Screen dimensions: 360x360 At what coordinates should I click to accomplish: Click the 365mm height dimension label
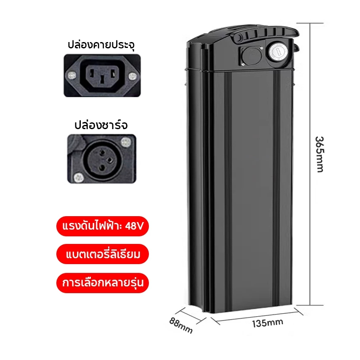(320, 154)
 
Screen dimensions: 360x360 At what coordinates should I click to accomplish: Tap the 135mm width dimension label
(267, 323)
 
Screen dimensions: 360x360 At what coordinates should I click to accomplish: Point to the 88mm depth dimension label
(181, 325)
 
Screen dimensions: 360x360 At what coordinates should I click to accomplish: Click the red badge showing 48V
(103, 226)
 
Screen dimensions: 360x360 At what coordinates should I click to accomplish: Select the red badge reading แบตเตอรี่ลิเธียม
(103, 254)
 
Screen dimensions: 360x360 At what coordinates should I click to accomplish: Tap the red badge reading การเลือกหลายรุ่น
(103, 283)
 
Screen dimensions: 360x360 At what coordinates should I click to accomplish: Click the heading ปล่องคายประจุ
(101, 45)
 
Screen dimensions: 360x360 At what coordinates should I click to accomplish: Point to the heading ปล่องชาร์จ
(101, 125)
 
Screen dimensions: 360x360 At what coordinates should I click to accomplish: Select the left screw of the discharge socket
(72, 75)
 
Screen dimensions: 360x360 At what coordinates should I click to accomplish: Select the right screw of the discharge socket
(132, 76)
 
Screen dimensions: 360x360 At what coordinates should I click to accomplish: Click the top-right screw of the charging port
(126, 142)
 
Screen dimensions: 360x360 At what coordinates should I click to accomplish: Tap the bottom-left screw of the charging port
(79, 177)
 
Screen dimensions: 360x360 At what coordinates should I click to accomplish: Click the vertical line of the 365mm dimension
(310, 164)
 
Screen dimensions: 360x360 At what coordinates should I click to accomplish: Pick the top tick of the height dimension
(310, 23)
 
